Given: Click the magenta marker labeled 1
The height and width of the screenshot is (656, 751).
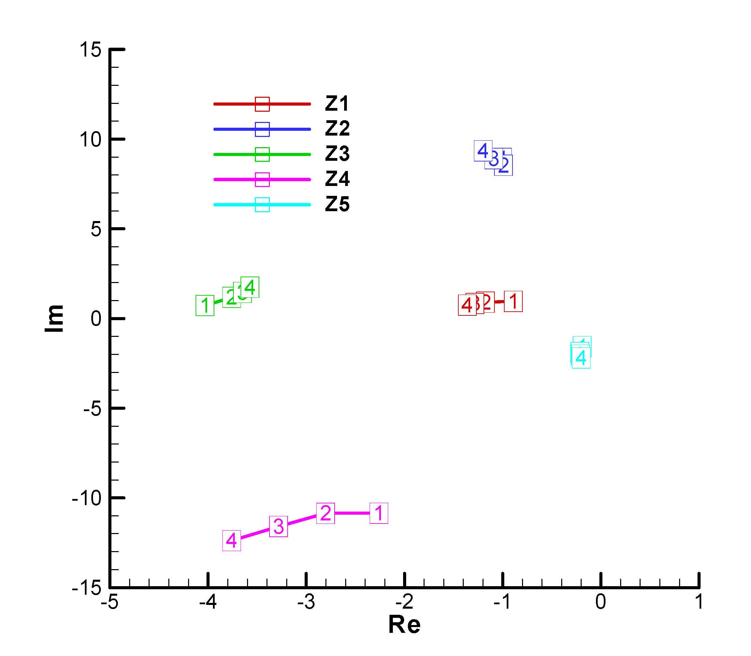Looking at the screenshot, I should point(379,513).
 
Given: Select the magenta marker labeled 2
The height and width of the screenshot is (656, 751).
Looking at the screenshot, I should point(325,513).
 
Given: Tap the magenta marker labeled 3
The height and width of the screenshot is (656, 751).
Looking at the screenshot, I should point(278,527).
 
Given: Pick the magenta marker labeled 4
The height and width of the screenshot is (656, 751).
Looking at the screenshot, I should point(232,540).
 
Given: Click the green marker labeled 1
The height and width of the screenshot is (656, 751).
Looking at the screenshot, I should point(205,305).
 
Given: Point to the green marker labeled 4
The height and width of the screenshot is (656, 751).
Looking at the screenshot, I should point(250,287).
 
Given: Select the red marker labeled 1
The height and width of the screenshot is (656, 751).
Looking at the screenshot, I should point(513,301).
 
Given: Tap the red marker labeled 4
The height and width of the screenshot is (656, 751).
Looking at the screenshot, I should point(467,305).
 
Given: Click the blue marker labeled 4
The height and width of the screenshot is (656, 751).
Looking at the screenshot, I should point(483,151).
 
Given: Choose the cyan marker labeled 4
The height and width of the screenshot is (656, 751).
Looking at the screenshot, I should point(581,358).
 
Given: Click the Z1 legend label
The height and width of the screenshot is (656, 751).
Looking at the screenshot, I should point(337,104).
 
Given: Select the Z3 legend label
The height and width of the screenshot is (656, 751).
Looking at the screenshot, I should point(337,154).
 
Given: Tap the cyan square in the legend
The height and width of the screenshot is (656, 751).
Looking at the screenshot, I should point(262,205).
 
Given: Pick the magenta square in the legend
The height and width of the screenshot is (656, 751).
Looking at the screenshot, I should point(262,179).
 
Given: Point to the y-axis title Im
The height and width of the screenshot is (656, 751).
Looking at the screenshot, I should point(54,318).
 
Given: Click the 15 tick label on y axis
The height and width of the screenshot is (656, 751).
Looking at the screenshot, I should point(90,49).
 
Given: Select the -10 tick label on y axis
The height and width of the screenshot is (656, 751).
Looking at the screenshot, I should point(87,498).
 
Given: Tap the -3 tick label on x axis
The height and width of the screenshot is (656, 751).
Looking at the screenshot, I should point(306,602).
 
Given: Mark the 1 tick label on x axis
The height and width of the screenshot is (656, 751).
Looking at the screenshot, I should point(699,602).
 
